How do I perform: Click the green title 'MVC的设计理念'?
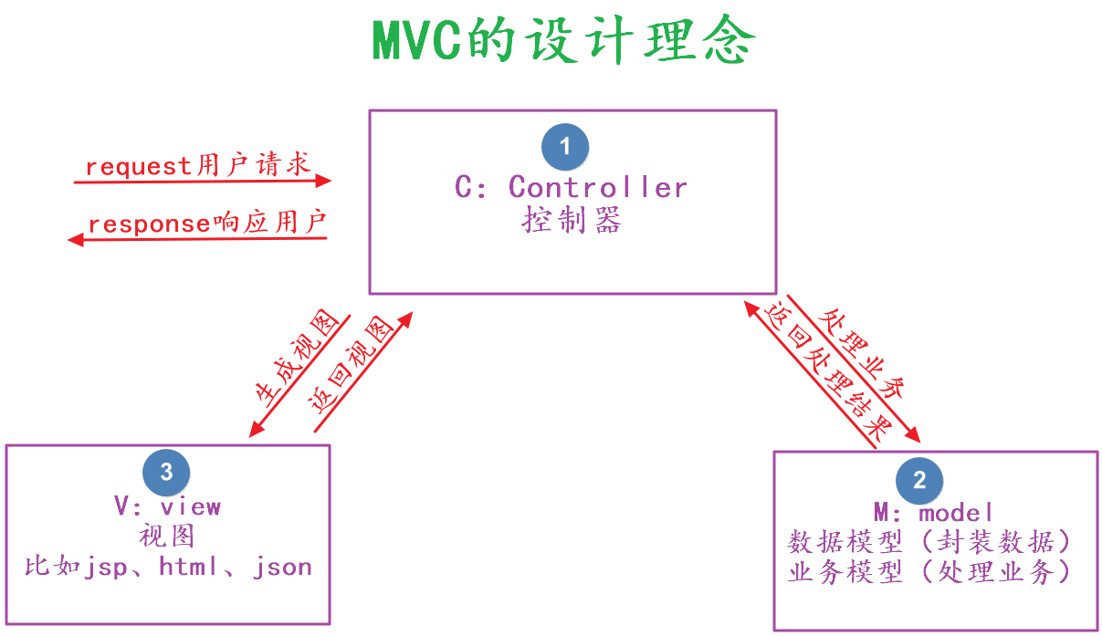click(564, 39)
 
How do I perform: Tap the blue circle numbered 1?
click(565, 147)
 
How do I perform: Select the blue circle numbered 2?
click(919, 480)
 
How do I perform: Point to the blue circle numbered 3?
click(166, 473)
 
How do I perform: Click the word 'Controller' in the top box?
click(598, 187)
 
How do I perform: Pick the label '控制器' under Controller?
click(572, 220)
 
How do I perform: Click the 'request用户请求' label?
click(198, 164)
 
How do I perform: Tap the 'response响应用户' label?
click(207, 223)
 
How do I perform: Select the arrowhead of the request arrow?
click(323, 181)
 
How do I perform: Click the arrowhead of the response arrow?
click(76, 240)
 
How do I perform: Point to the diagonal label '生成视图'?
click(298, 359)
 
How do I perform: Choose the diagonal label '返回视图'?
click(352, 365)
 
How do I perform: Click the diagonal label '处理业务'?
click(861, 353)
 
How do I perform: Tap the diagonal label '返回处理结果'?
click(828, 372)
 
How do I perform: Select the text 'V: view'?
click(167, 506)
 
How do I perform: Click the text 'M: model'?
click(933, 513)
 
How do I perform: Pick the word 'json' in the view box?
click(282, 568)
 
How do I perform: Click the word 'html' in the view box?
click(188, 567)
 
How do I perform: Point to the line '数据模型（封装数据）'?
click(929, 542)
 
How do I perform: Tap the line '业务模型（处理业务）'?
click(929, 571)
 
